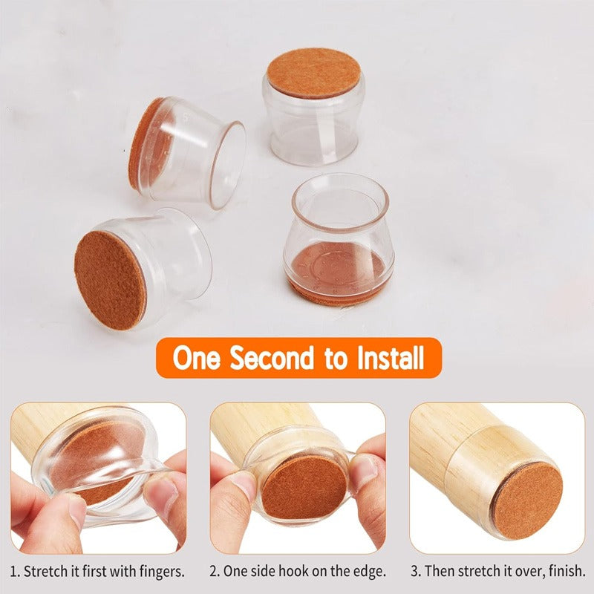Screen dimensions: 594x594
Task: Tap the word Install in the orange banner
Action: (384, 358)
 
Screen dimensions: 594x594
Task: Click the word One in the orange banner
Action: (197, 358)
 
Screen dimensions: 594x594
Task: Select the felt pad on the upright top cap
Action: (313, 73)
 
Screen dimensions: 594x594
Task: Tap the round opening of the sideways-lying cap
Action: (227, 165)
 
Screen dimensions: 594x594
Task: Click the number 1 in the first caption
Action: (14, 572)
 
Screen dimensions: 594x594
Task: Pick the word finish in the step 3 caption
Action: (565, 572)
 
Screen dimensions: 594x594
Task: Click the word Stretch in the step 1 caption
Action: (46, 572)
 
